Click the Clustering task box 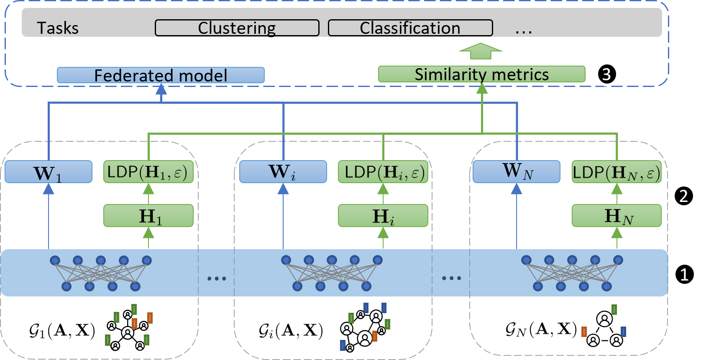tap(237, 28)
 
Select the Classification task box tap(410, 28)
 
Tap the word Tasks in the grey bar tap(58, 28)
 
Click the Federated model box tap(161, 75)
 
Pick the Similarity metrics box tap(482, 74)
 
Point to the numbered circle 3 tap(607, 74)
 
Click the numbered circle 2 tap(684, 196)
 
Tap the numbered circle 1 tap(684, 274)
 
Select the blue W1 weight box tap(49, 172)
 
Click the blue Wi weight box tap(283, 172)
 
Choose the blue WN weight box tap(517, 172)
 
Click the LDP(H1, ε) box tap(148, 172)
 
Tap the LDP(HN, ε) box tap(617, 172)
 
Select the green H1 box tap(148, 215)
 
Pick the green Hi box tap(383, 215)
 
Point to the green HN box tap(617, 215)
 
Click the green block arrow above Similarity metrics tap(481, 51)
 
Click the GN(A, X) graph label tap(541, 329)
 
